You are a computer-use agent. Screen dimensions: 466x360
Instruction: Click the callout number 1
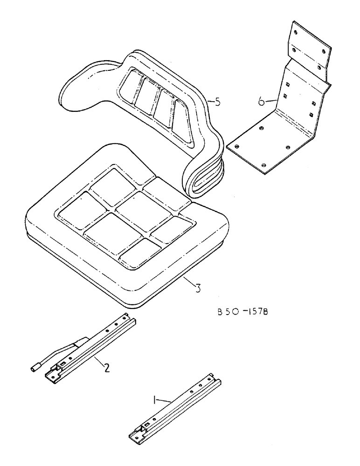[x=155, y=399]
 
